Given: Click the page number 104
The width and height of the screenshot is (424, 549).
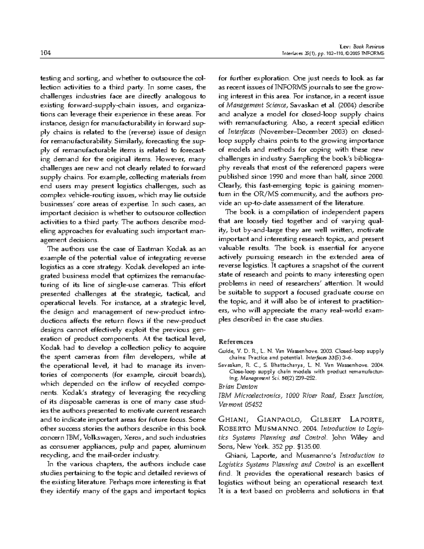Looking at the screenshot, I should [x=46, y=53].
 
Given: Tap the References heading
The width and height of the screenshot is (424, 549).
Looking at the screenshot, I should [x=236, y=342].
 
